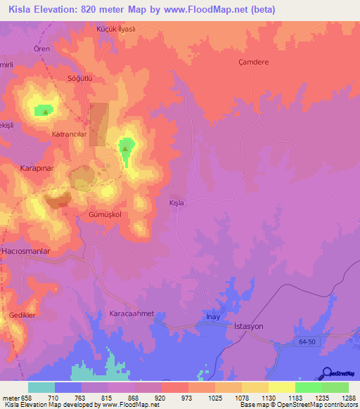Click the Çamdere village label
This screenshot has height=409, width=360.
click(x=254, y=62)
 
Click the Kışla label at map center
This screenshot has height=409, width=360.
click(x=176, y=203)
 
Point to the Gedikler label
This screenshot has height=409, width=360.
click(x=22, y=315)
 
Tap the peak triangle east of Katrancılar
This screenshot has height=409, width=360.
click(x=125, y=148)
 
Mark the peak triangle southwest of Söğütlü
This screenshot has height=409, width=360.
click(x=46, y=111)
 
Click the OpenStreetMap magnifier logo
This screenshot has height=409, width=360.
click(x=326, y=373)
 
